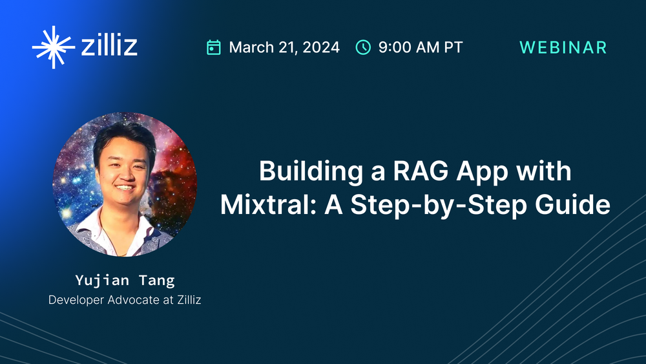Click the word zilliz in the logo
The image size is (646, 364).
(109, 47)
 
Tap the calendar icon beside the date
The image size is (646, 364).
(214, 47)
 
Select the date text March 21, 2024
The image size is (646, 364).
(284, 47)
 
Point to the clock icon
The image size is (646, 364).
(364, 47)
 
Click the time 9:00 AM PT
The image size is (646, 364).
(421, 47)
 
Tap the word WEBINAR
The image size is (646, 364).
(563, 47)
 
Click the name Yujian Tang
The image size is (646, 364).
(125, 280)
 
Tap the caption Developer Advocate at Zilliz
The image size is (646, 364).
(125, 301)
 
